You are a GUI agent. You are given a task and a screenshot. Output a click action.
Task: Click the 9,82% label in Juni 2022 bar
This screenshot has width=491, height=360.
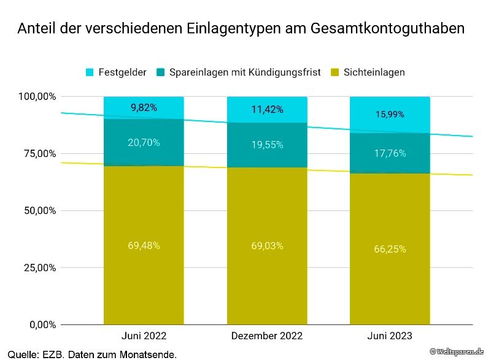click(x=144, y=107)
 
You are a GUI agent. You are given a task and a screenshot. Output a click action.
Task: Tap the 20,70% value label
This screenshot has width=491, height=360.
click(x=144, y=142)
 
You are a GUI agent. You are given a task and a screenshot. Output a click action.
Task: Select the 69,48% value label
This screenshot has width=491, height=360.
click(x=144, y=245)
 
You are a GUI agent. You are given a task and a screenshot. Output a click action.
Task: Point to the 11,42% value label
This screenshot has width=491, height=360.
click(x=267, y=110)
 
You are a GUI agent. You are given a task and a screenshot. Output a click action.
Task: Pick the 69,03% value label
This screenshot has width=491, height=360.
click(x=267, y=246)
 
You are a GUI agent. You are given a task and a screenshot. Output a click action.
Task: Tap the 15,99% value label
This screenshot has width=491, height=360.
click(x=390, y=114)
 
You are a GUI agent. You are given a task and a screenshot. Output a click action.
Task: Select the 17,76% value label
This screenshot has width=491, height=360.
click(x=390, y=153)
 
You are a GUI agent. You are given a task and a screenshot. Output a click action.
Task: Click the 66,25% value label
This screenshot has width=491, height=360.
click(x=390, y=249)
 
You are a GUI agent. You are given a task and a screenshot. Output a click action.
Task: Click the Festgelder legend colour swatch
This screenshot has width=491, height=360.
click(x=90, y=72)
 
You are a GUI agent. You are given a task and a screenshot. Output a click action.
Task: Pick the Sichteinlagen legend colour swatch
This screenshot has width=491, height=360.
click(x=334, y=72)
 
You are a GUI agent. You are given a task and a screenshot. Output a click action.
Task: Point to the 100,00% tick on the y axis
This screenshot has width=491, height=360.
click(x=37, y=97)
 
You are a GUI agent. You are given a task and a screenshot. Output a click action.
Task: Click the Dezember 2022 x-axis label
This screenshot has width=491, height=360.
click(x=267, y=336)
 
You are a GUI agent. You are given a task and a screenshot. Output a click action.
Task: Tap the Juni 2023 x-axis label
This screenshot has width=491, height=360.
click(x=390, y=336)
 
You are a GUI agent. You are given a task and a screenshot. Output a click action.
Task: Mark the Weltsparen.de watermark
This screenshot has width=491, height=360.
click(x=457, y=351)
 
